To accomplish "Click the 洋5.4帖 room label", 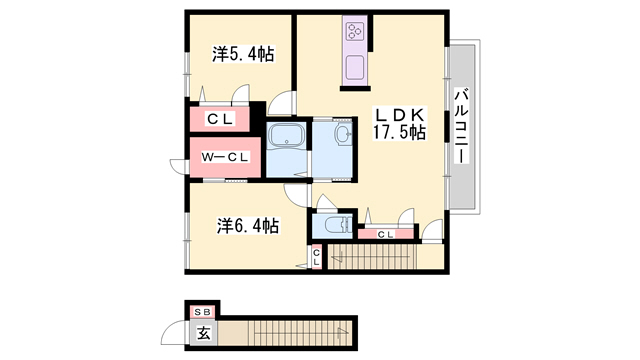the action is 243,54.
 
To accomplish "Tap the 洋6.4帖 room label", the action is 248,225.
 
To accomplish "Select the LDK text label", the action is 400,115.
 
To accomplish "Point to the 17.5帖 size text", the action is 400,132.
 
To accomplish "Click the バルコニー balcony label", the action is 462,126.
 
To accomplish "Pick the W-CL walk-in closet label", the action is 225,158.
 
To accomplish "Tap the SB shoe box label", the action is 202,313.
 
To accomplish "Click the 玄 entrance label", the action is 204,333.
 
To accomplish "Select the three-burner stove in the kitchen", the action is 354,31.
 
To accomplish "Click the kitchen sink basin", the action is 355,67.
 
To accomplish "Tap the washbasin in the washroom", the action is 342,133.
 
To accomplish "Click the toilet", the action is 338,225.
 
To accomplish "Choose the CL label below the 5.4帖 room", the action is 220,119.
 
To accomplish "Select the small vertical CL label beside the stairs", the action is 316,257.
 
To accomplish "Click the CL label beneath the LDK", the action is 385,234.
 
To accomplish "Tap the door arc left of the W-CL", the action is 178,167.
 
